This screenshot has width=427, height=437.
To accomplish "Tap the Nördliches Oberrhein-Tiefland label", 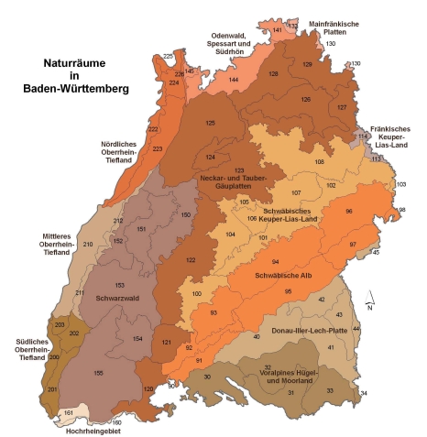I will click(x=123, y=151).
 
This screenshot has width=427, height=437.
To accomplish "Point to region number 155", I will click(x=97, y=373).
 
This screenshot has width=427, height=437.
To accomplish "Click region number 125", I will click(x=211, y=123).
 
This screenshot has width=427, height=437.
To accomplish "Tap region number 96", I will click(x=348, y=212).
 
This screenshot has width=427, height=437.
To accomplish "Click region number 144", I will click(x=234, y=80).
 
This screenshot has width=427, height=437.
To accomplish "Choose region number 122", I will click(x=192, y=260).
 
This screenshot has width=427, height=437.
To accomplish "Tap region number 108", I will click(x=319, y=162).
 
